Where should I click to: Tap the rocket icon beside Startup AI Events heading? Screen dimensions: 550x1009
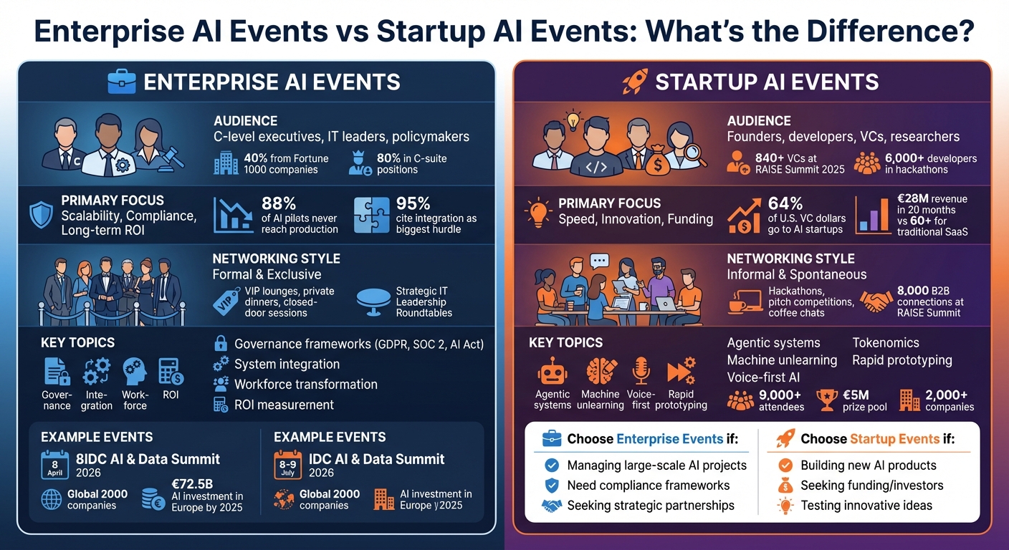[x=635, y=81]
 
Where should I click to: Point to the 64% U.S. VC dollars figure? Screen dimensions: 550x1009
[x=783, y=203]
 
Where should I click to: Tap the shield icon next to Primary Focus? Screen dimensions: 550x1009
[x=40, y=215]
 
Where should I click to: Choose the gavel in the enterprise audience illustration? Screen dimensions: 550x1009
[x=171, y=155]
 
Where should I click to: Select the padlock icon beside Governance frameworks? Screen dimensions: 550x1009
[x=221, y=344]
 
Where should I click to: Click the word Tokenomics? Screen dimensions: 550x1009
[x=886, y=343]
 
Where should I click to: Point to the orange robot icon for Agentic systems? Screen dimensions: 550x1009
[x=552, y=371]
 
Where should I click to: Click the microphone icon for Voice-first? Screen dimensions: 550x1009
[x=641, y=371]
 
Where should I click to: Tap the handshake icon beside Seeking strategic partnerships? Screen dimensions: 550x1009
[x=551, y=506]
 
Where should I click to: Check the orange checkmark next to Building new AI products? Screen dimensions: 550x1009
[x=785, y=465]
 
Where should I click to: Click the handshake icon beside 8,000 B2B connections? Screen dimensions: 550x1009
[x=875, y=301]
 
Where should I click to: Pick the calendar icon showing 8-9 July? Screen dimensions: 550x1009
[x=287, y=465]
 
